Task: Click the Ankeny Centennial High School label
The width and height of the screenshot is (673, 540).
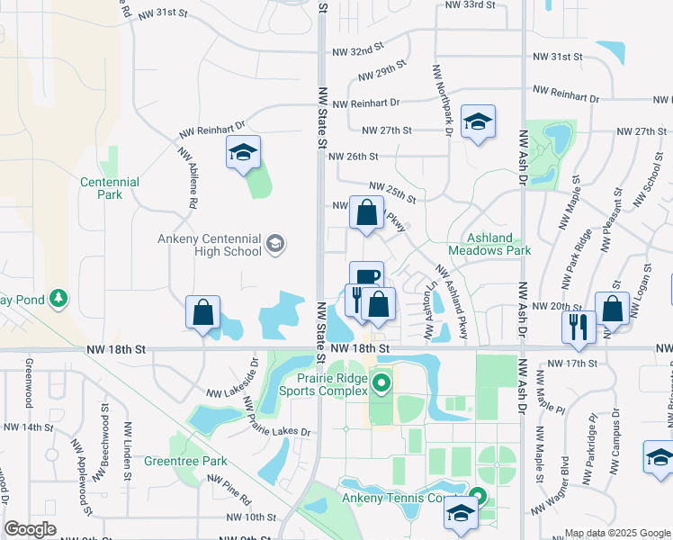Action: click(x=210, y=245)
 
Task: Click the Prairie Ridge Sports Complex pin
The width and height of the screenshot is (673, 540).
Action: click(x=381, y=385)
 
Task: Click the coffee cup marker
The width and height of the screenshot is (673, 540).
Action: click(x=366, y=276)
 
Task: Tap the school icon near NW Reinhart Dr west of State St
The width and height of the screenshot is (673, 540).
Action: click(x=243, y=154)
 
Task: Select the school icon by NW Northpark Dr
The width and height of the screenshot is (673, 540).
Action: click(x=478, y=123)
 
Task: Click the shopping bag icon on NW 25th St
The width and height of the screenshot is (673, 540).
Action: click(x=366, y=215)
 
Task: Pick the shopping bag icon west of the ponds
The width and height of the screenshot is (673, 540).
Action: click(x=203, y=313)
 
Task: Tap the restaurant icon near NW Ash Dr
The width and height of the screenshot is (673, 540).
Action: click(x=578, y=324)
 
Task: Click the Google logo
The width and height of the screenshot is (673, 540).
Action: click(x=31, y=529)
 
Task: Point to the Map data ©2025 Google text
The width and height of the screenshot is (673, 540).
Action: click(x=617, y=533)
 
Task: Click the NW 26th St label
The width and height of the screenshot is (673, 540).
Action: click(x=353, y=157)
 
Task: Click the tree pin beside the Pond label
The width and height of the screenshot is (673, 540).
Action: click(x=58, y=297)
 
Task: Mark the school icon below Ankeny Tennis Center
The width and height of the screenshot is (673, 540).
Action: click(x=461, y=515)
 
